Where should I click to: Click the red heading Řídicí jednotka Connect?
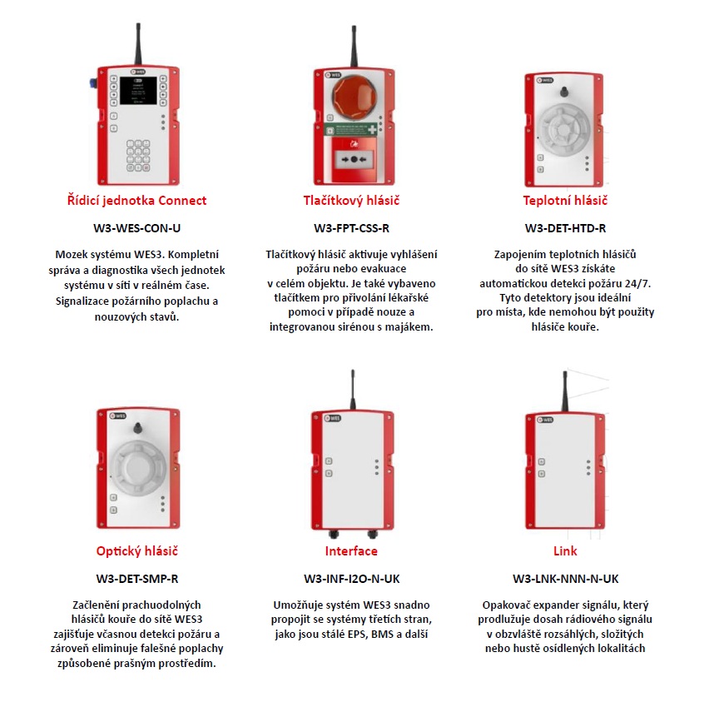coord(136,201)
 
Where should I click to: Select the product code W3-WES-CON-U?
coord(137,228)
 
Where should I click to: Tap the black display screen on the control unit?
coord(138,90)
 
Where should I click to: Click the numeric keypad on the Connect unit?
coord(138,156)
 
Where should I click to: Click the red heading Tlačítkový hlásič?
coord(351,201)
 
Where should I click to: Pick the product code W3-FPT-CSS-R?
coord(351,228)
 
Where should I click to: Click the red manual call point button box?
coord(354,159)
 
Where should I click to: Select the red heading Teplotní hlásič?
coord(565,201)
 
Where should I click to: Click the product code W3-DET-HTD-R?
coord(565,228)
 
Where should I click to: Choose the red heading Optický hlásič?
coord(137,551)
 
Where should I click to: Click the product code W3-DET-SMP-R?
coord(137,579)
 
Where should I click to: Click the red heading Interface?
coord(351,551)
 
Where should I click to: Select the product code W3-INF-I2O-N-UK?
coord(351,579)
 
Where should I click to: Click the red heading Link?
coord(565,551)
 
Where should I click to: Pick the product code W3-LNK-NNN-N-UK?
coord(565,579)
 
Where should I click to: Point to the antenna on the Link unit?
coord(565,391)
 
